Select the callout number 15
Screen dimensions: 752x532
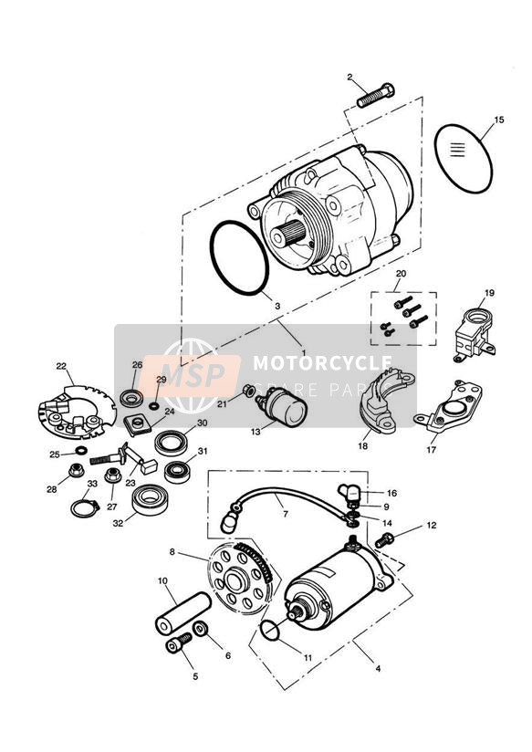click(x=499, y=120)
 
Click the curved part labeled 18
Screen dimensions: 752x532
click(x=379, y=402)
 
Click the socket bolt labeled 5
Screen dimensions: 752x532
click(x=177, y=646)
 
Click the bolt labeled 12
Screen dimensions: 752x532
click(x=383, y=539)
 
